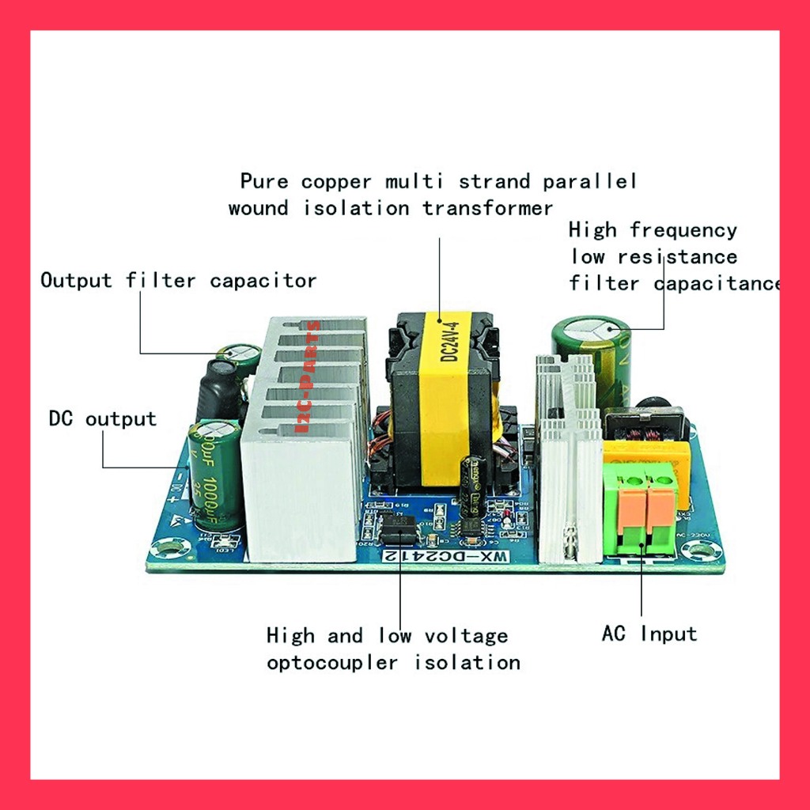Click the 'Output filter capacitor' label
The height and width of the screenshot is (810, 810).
point(178,280)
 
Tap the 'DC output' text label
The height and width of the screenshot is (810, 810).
point(102,418)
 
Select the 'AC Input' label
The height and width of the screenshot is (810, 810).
point(649,633)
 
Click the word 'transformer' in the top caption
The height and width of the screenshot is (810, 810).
point(487,208)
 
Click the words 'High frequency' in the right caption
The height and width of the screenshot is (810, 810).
point(653,230)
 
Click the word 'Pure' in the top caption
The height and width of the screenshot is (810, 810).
point(265,181)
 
